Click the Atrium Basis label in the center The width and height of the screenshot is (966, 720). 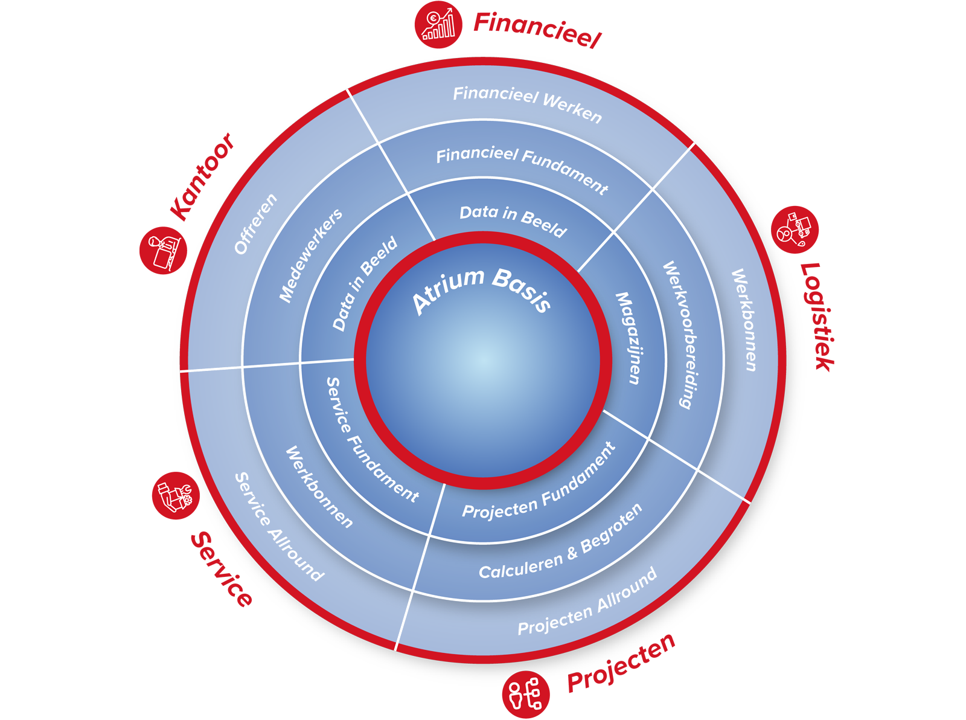(x=482, y=291)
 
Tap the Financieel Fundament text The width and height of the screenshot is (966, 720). (x=522, y=170)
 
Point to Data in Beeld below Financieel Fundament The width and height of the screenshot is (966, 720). (x=513, y=221)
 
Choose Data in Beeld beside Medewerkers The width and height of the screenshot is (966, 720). (x=365, y=283)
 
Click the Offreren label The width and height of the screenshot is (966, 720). (x=255, y=223)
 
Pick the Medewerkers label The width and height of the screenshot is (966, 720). (x=310, y=255)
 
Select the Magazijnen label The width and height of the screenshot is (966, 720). (x=627, y=338)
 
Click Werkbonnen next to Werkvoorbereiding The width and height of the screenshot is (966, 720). (x=744, y=320)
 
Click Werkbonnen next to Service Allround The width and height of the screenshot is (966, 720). (x=319, y=487)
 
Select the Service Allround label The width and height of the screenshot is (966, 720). (x=278, y=526)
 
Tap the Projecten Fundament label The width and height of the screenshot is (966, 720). (x=539, y=482)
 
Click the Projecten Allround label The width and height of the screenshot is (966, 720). (x=587, y=602)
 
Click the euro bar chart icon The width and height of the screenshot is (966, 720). (x=438, y=25)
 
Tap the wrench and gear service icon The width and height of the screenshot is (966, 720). (x=175, y=497)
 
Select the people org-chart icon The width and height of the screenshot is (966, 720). (x=524, y=693)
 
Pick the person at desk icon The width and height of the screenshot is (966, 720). (x=164, y=251)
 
